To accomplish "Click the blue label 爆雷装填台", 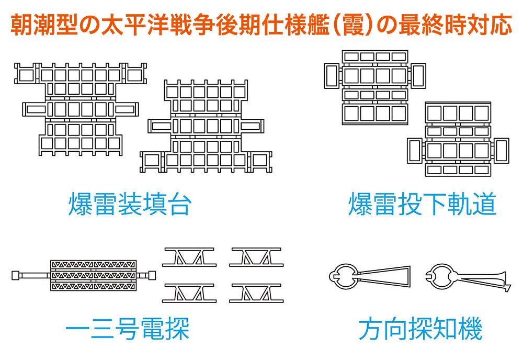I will [x=129, y=205].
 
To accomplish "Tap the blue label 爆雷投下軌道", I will [x=422, y=205].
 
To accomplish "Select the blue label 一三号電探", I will [x=127, y=330].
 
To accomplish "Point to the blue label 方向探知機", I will [x=420, y=330].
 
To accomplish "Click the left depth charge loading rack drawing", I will [x=79, y=109].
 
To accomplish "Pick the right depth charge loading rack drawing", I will [x=206, y=126].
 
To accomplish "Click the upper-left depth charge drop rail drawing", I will [x=374, y=87].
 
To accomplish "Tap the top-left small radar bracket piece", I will [x=189, y=257].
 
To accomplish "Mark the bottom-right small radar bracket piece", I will [x=256, y=293].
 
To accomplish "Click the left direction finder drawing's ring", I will [x=343, y=276].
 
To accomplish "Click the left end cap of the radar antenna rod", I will [x=15, y=275].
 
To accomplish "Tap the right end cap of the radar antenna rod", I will [x=152, y=275].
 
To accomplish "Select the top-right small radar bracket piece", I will [x=256, y=257].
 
